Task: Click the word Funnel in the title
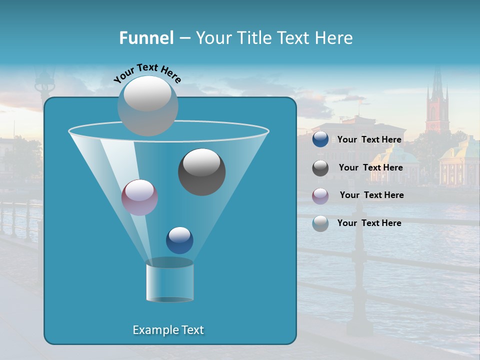[x=146, y=38]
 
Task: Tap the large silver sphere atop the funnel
[x=148, y=105]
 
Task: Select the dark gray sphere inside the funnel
[x=201, y=172]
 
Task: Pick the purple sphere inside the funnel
[x=139, y=197]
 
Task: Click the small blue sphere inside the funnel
[x=179, y=240]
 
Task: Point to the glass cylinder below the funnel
[x=169, y=281]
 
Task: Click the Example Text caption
[x=168, y=330]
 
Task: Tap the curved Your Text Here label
[x=147, y=72]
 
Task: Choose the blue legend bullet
[x=320, y=139]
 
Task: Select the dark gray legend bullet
[x=320, y=168]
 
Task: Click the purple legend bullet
[x=320, y=195]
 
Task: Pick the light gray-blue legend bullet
[x=320, y=223]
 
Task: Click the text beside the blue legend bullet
[x=369, y=140]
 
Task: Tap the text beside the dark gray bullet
[x=370, y=168]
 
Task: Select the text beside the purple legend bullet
[x=371, y=195]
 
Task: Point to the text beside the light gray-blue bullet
[x=369, y=223]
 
